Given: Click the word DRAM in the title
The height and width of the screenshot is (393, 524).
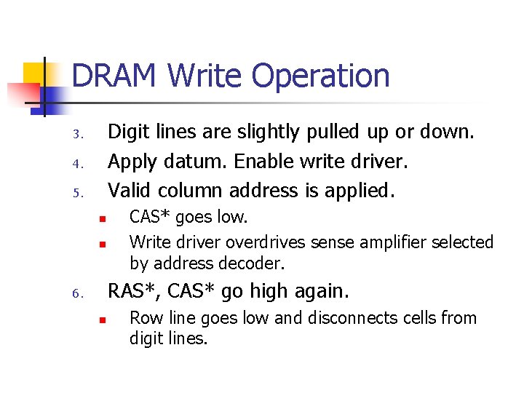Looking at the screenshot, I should click(115, 76).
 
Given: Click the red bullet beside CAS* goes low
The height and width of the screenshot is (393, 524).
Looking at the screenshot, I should click(103, 218).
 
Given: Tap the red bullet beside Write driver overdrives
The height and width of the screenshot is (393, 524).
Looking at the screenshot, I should click(103, 243).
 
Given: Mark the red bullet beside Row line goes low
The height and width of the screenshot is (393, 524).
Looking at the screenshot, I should click(103, 319).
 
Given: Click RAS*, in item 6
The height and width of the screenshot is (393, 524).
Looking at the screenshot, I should click(135, 291).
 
